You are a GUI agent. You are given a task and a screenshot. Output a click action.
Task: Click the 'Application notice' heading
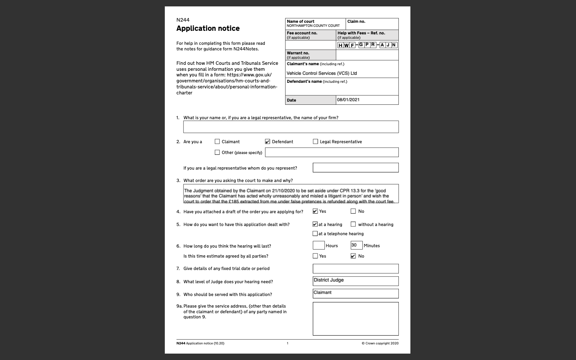click(x=208, y=28)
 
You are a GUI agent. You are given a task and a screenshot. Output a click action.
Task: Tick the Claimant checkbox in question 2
click(x=217, y=142)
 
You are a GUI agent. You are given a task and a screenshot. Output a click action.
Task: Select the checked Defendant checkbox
click(x=268, y=142)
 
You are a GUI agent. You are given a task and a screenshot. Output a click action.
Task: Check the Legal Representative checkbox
click(x=316, y=142)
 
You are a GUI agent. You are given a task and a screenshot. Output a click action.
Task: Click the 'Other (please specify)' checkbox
click(x=217, y=152)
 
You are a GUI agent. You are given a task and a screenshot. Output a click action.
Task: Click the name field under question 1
click(x=291, y=127)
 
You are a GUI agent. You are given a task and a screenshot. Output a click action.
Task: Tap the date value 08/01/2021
click(x=348, y=100)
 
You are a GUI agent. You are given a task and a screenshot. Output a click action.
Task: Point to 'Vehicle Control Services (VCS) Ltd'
click(x=322, y=73)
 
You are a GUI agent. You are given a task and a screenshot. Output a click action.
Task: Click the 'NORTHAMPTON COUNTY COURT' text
click(x=313, y=26)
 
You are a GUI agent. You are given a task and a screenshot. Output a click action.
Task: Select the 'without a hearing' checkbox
click(x=353, y=224)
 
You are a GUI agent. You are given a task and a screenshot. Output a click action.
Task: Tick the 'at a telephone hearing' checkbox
click(x=315, y=234)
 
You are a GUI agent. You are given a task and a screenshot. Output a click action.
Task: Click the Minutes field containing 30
click(x=356, y=245)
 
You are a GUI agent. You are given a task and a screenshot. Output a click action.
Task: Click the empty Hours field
click(x=318, y=245)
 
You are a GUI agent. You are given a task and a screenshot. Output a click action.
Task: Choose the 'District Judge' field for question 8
click(x=356, y=281)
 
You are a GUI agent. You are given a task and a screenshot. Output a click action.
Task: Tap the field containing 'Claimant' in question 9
click(x=356, y=293)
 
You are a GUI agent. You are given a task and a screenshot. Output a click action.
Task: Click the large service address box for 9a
click(x=356, y=318)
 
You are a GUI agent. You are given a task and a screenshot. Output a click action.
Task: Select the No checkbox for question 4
click(x=353, y=211)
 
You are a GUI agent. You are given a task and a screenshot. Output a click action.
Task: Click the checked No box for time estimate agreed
click(x=353, y=256)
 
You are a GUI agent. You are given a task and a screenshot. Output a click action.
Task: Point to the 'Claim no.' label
click(x=356, y=22)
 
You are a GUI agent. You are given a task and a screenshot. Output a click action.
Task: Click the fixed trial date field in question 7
click(x=356, y=268)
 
